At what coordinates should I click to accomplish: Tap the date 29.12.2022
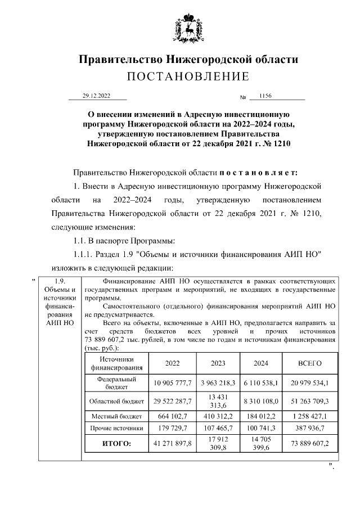97,96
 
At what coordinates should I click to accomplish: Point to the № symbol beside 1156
244,98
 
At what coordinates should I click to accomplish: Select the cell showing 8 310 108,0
260,401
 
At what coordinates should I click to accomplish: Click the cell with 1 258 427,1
309,417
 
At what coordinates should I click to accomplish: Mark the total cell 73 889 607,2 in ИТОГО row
309,444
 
